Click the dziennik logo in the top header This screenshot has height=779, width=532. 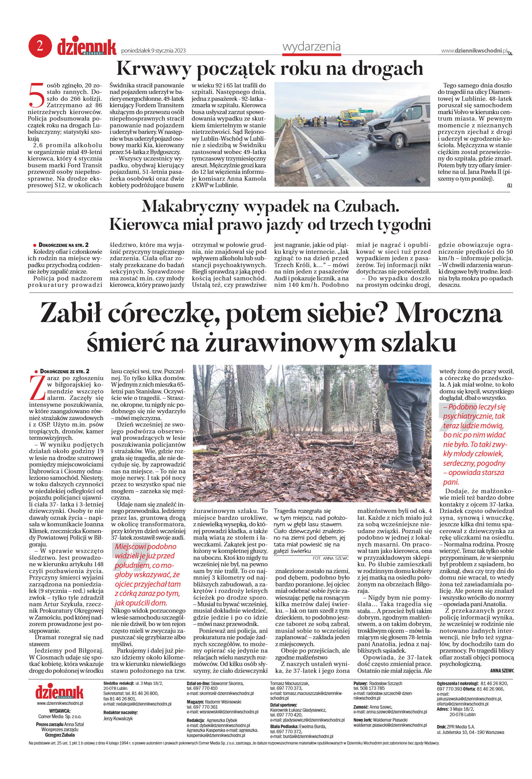click(86, 47)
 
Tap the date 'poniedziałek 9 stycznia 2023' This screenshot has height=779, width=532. click(153, 51)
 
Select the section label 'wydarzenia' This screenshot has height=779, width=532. click(311, 47)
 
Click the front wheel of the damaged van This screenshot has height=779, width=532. click(398, 141)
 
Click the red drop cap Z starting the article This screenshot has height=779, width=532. click(37, 388)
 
